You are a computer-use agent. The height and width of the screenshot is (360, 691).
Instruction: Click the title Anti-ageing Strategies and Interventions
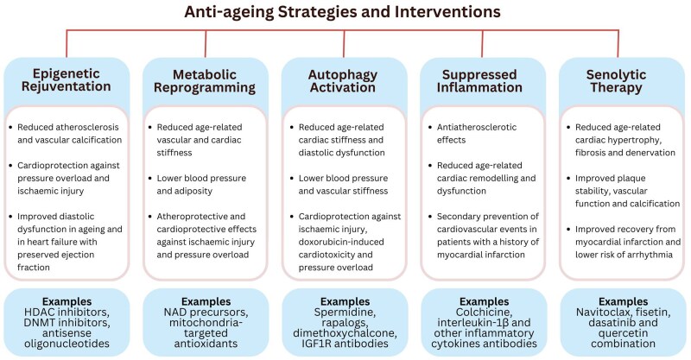coord(346,15)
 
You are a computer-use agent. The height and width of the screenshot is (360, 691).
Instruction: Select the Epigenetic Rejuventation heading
coord(70,79)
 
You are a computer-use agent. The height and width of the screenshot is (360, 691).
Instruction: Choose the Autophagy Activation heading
coord(346,79)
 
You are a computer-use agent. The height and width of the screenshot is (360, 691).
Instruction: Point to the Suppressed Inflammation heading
coord(483,79)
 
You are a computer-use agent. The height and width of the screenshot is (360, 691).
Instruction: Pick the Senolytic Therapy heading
coord(621,79)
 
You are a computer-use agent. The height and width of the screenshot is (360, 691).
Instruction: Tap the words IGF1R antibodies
coord(345,343)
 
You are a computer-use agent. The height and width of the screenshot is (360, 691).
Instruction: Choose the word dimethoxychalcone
coord(345,331)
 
